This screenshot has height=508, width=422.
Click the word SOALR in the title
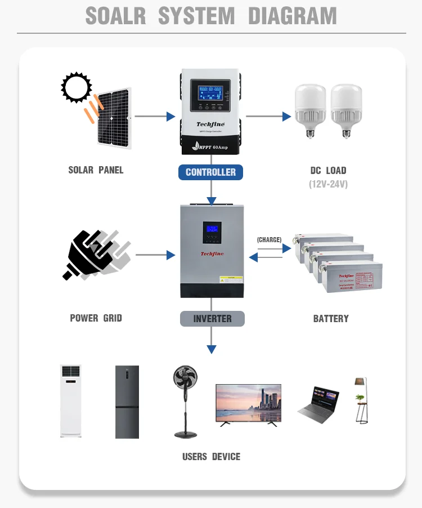pos(116,16)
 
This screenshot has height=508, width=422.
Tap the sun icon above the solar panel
pos(76,88)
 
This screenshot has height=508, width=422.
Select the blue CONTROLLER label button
pos(211,172)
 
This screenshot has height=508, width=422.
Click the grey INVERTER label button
pos(212,319)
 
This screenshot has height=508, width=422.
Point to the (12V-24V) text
pos(328,184)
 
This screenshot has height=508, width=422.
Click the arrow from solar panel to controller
pos(155,117)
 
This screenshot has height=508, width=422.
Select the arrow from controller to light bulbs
pos(268,117)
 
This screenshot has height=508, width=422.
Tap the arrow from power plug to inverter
pos(155,255)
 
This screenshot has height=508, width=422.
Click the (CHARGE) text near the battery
pos(269,240)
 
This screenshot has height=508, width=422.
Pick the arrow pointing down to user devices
pos(212,341)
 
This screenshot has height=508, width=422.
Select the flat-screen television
pos(248,403)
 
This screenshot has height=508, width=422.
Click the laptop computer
pos(318,405)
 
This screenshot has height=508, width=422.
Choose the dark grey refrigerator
pos(127,402)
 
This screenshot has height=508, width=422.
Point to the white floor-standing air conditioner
pos(71,400)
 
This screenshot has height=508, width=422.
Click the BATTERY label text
pos(331,319)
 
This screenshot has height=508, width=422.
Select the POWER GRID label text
pos(96,318)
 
